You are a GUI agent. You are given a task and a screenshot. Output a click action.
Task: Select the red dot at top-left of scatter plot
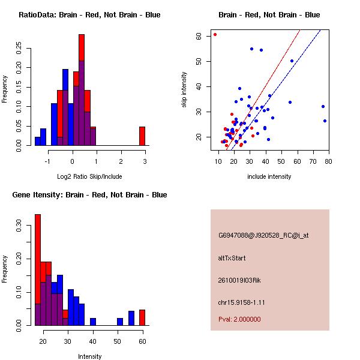[x=215, y=34]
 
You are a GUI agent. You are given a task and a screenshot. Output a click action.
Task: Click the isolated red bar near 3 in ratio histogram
[x=142, y=136]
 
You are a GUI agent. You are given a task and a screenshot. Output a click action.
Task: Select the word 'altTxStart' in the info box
[x=232, y=258]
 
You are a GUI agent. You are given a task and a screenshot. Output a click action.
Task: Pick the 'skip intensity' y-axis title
[x=185, y=90]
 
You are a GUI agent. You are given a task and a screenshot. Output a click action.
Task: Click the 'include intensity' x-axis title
[x=269, y=176]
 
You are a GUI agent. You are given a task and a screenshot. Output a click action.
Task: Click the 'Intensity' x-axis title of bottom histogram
[x=89, y=356]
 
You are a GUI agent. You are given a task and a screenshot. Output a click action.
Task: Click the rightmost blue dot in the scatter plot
[x=325, y=121]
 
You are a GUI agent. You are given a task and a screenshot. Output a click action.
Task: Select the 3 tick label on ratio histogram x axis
[x=145, y=161]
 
